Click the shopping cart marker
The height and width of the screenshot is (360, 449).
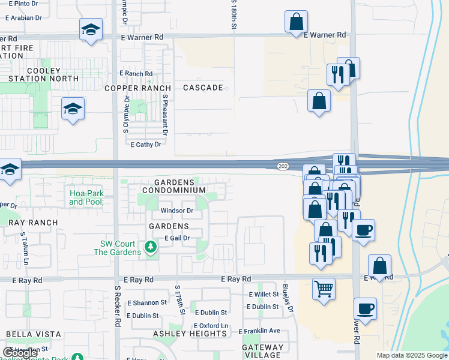pyautogui.click(x=324, y=289)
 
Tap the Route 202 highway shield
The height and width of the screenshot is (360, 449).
pyautogui.click(x=283, y=166)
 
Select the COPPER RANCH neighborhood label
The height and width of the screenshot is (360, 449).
pyautogui.click(x=138, y=88)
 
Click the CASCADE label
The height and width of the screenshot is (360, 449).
pyautogui.click(x=203, y=88)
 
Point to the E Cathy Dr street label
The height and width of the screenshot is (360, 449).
pyautogui.click(x=146, y=145)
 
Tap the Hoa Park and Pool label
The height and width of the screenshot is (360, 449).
pyautogui.click(x=86, y=197)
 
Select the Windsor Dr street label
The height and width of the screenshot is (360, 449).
pyautogui.click(x=176, y=211)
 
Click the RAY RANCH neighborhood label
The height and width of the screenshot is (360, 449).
pyautogui.click(x=33, y=223)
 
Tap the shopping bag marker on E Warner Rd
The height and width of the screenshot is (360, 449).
pyautogui.click(x=296, y=23)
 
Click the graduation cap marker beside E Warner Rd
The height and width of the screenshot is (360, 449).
pyautogui.click(x=91, y=29)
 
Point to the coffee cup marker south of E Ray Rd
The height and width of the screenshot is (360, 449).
pyautogui.click(x=365, y=310)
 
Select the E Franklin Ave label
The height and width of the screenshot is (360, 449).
pyautogui.click(x=259, y=331)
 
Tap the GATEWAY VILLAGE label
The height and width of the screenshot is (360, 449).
pyautogui.click(x=263, y=351)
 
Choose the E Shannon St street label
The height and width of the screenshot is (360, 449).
pyautogui.click(x=146, y=303)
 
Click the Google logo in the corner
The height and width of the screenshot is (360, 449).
pyautogui.click(x=20, y=353)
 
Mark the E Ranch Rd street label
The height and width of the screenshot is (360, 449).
pyautogui.click(x=136, y=74)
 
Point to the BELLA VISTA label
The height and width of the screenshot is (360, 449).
pyautogui.click(x=34, y=334)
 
